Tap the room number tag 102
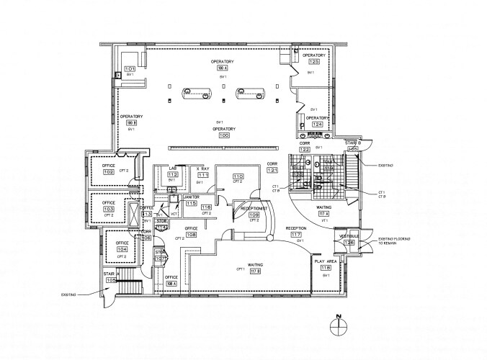click(109, 172)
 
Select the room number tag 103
click(109, 210)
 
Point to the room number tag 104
click(122, 249)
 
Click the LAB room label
click(173, 168)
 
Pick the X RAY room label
click(203, 168)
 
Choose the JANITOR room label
click(191, 197)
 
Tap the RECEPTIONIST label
click(254, 208)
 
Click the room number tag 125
click(314, 62)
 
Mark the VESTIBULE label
click(349, 235)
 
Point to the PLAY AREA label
click(326, 260)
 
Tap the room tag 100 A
click(223, 68)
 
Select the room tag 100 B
click(131, 123)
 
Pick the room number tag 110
click(238, 176)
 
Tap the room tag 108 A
click(171, 283)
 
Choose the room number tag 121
click(272, 170)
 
